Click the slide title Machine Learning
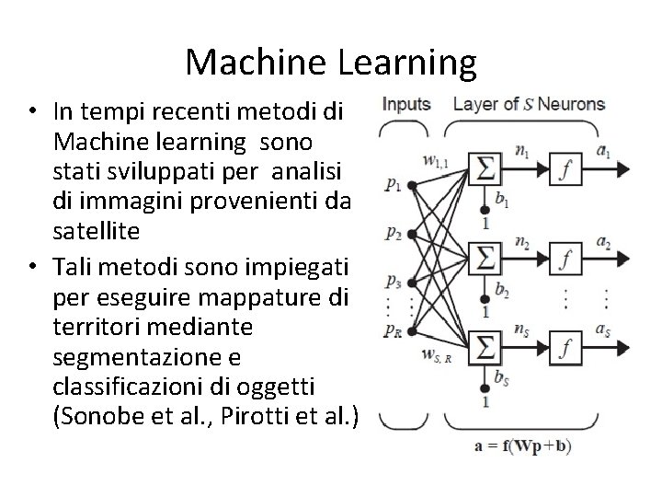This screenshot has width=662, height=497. (331, 62)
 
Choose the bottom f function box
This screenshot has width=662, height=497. (567, 347)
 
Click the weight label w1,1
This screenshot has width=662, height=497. (436, 161)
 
